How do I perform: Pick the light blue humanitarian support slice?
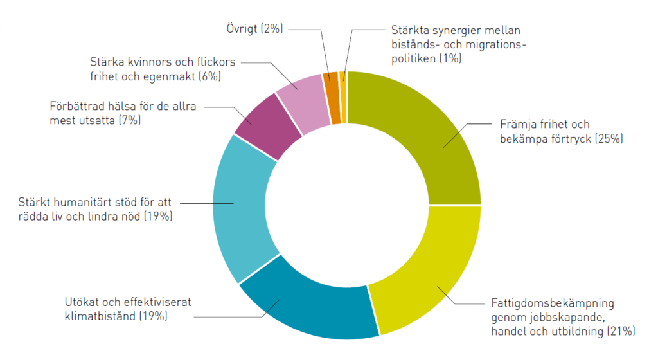tap(241, 206)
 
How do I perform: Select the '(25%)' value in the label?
tap(609, 138)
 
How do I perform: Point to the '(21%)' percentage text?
tap(621, 331)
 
